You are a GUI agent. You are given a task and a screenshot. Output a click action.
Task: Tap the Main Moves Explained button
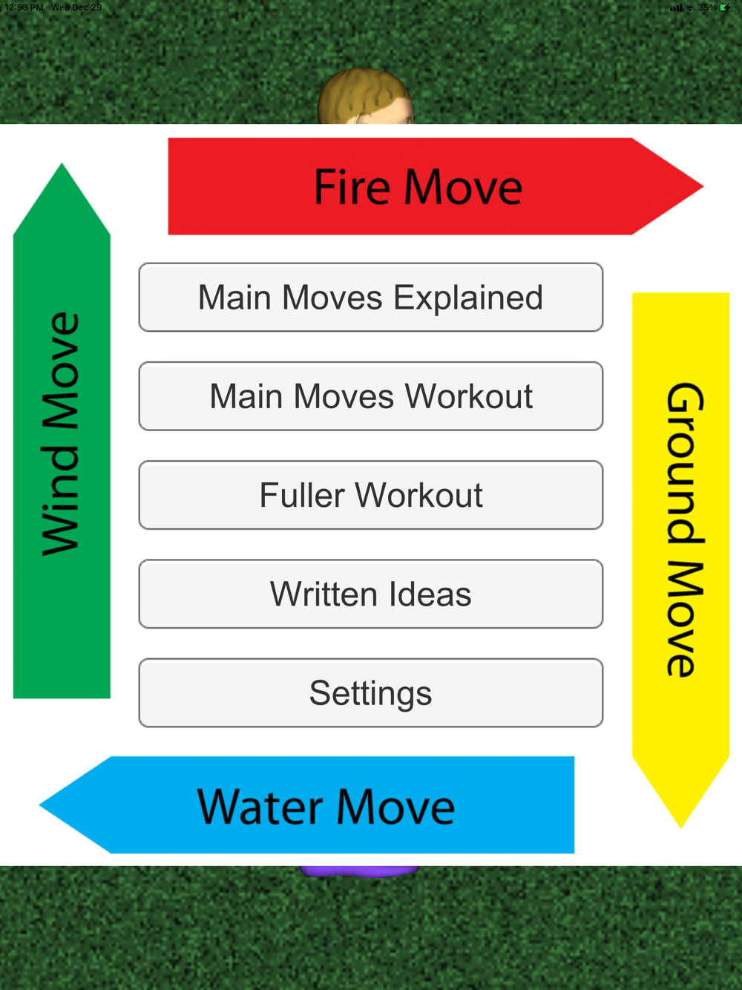(x=370, y=298)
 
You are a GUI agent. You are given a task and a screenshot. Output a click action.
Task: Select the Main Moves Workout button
(x=370, y=396)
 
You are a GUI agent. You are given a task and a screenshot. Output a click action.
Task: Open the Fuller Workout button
(x=370, y=495)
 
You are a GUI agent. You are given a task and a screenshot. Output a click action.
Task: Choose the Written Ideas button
(x=370, y=594)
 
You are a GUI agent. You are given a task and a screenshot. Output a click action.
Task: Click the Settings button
(x=370, y=693)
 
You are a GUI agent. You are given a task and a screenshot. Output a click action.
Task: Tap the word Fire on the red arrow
(x=352, y=187)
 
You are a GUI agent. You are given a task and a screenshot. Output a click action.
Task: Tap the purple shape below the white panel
(x=360, y=871)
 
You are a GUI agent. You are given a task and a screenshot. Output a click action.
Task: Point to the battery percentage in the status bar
(x=707, y=7)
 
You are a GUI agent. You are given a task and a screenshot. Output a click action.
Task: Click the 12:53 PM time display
(x=24, y=7)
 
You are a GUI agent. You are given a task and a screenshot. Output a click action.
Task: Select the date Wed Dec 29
(x=76, y=7)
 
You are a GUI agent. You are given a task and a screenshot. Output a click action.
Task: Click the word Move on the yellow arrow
(x=681, y=619)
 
